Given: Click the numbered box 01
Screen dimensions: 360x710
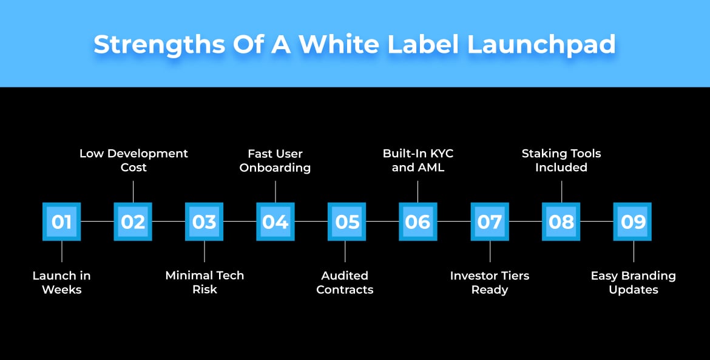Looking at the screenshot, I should pyautogui.click(x=61, y=222).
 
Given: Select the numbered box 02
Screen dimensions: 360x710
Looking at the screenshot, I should pyautogui.click(x=133, y=222).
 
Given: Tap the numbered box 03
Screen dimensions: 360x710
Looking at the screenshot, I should pyautogui.click(x=205, y=222).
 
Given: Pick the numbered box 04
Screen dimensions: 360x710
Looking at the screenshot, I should pyautogui.click(x=276, y=222).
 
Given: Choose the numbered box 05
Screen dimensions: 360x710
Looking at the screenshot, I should pyautogui.click(x=347, y=222).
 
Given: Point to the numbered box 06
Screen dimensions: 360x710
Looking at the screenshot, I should pyautogui.click(x=418, y=222).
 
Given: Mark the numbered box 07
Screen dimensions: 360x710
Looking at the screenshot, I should pyautogui.click(x=490, y=222).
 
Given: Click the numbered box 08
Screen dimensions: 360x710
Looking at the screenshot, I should pyautogui.click(x=561, y=222).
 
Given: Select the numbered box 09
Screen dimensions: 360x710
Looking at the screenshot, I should pyautogui.click(x=633, y=222).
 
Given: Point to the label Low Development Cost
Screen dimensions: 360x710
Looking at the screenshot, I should pyautogui.click(x=134, y=160).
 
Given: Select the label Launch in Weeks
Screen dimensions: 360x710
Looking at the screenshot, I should pyautogui.click(x=61, y=282).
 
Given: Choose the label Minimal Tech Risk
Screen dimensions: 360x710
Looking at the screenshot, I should pyautogui.click(x=205, y=282).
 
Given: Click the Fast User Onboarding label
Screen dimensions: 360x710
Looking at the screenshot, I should pyautogui.click(x=275, y=160).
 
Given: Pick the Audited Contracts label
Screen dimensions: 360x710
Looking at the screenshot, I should pyautogui.click(x=345, y=282).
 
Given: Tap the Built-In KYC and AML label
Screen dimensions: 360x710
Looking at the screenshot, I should pyautogui.click(x=418, y=160).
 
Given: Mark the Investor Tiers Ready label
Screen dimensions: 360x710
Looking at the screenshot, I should pyautogui.click(x=490, y=282).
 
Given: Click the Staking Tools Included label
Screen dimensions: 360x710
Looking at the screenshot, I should pyautogui.click(x=561, y=160).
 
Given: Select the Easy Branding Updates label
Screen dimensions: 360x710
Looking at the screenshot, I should pyautogui.click(x=633, y=282).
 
